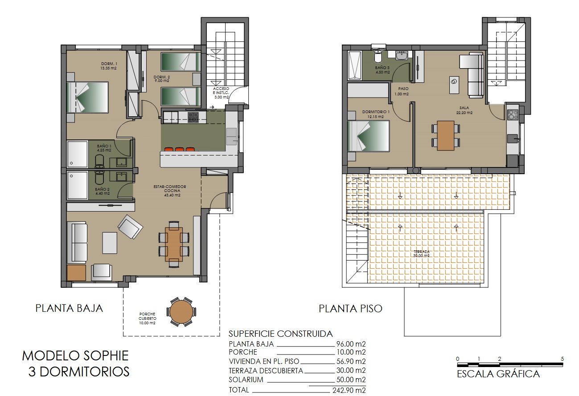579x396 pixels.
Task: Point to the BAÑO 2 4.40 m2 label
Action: [103, 192]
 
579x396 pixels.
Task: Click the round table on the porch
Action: [181, 312]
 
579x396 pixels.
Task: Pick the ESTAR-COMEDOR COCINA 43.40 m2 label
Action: [172, 191]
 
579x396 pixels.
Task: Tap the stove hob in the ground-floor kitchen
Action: [193, 117]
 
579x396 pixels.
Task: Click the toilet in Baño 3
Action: [378, 57]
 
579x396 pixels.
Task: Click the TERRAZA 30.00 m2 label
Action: [421, 253]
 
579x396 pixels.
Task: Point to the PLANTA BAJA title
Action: [69, 308]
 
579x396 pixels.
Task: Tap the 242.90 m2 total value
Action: [350, 390]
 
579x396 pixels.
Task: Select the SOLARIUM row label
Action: [246, 380]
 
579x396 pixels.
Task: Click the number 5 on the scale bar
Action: [562, 359]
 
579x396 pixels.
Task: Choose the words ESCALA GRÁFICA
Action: [498, 374]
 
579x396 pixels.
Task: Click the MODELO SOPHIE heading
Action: [75, 355]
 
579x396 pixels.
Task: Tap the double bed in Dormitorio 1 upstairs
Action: [368, 136]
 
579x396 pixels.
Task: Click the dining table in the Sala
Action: [445, 135]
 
